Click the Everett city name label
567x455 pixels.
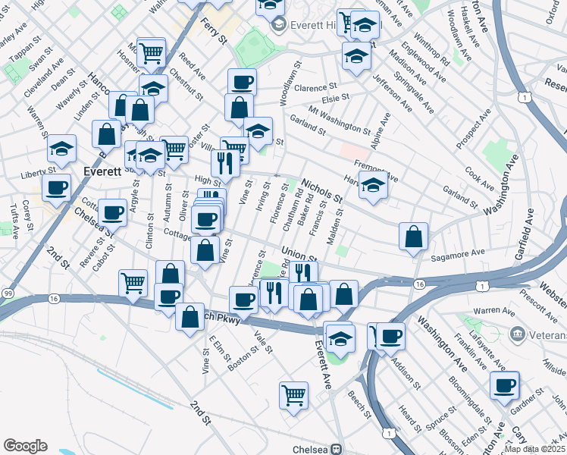coord(103,171)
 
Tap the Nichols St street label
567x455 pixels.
coord(322,190)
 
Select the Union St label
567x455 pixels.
coord(298,253)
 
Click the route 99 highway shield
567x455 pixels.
coord(7,293)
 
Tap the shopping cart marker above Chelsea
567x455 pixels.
coord(293,394)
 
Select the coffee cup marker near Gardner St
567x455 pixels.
coord(505,385)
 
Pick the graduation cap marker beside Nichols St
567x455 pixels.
coord(373,185)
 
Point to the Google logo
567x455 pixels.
coord(25,446)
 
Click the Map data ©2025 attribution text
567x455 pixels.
coord(534,449)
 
